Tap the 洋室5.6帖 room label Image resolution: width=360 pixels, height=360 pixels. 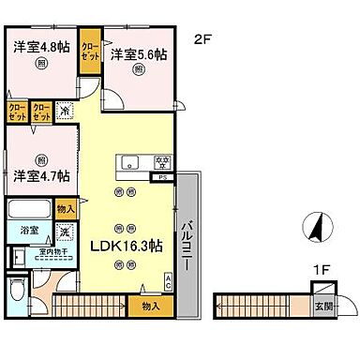coord(139,55)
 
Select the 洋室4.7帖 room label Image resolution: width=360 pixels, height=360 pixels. coord(39,174)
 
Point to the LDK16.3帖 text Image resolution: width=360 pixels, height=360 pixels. coord(125,246)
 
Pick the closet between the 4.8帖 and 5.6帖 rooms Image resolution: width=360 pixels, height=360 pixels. coord(90,48)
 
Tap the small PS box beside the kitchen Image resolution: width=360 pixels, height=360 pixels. coord(163,175)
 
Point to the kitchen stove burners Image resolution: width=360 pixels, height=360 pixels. coord(161,161)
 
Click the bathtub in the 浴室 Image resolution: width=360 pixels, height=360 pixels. coord(30,209)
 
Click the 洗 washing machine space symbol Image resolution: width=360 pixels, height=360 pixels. coord(64,232)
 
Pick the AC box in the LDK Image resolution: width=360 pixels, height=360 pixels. coord(168,279)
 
